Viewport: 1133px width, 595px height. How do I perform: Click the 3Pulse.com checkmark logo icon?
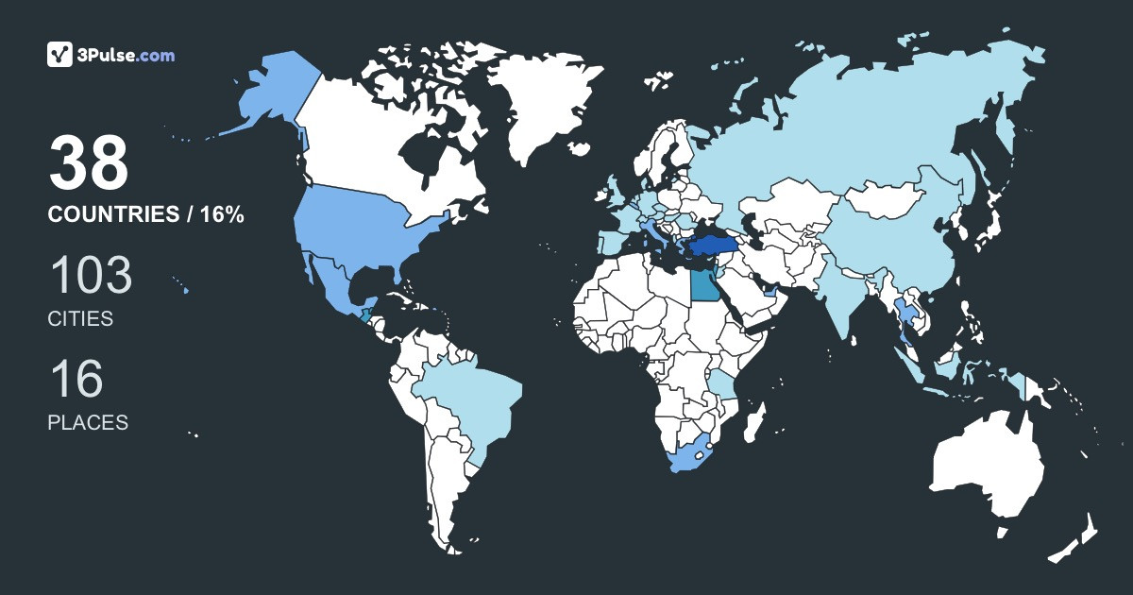(x=60, y=55)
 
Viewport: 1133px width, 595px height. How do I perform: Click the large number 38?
(x=88, y=163)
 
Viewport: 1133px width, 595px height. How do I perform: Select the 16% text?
(x=222, y=215)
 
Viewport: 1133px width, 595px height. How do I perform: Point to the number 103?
(x=90, y=276)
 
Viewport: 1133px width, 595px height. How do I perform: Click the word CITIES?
(x=80, y=319)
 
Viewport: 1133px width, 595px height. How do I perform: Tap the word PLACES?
(x=88, y=423)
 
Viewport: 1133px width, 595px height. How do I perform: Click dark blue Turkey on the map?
(x=710, y=247)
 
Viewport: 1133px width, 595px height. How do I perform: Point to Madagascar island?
(x=753, y=421)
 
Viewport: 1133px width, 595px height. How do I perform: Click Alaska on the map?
(x=269, y=94)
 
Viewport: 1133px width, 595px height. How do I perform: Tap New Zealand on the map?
(x=1076, y=538)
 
